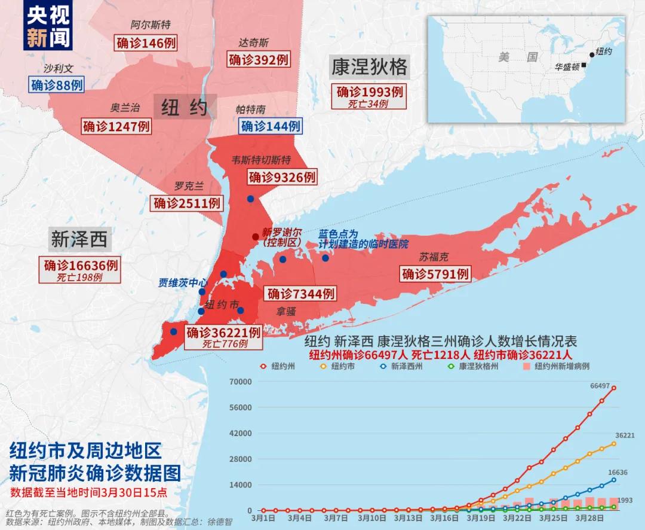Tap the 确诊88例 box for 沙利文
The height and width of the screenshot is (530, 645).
(x=56, y=85)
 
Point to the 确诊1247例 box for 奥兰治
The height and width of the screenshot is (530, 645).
(x=116, y=126)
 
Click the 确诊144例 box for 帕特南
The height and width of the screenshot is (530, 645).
(x=270, y=126)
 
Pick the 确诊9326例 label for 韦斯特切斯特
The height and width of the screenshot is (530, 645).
(x=282, y=177)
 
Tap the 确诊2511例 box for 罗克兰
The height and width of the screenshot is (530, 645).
(x=187, y=203)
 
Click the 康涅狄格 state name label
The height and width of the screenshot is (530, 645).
(x=369, y=66)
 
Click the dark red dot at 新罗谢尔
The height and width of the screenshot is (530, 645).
(x=256, y=237)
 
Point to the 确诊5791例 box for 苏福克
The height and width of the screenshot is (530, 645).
(x=435, y=274)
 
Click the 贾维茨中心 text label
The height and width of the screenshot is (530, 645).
(x=183, y=282)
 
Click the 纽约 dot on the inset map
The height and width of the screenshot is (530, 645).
(x=592, y=54)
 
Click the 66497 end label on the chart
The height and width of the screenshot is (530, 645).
(x=600, y=386)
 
